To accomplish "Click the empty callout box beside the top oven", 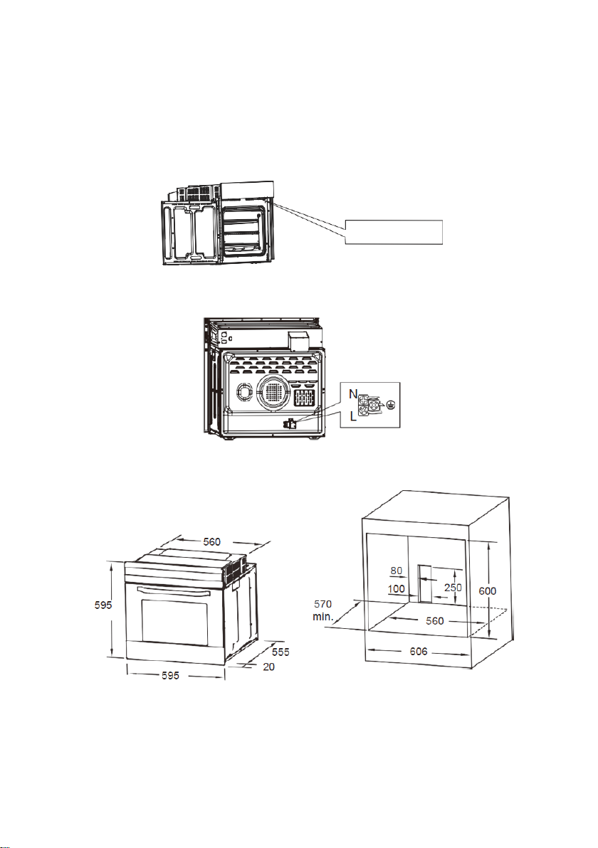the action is pyautogui.click(x=394, y=233).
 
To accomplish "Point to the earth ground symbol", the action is pyautogui.click(x=391, y=403).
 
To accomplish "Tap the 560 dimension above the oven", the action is pyautogui.click(x=211, y=541).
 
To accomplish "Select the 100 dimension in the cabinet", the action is pyautogui.click(x=396, y=589).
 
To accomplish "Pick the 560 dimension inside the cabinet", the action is pyautogui.click(x=434, y=620).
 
